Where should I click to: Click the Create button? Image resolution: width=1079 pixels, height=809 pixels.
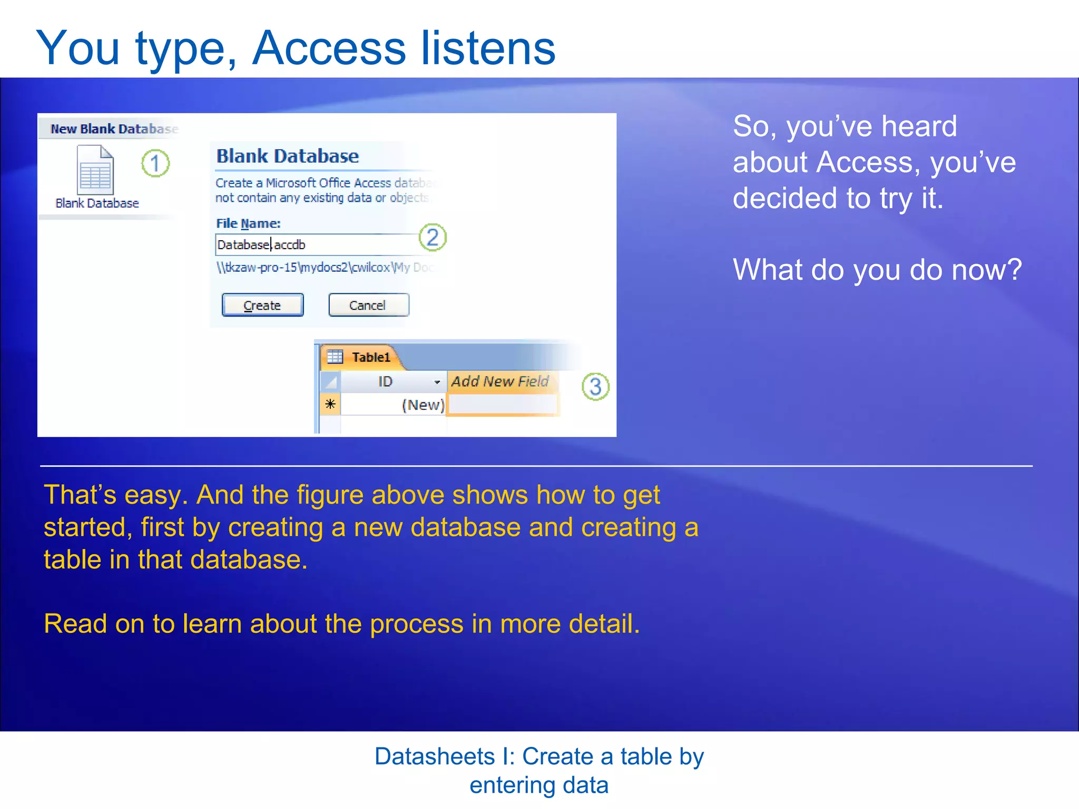point(262,305)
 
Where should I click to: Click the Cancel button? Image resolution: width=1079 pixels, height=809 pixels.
point(368,305)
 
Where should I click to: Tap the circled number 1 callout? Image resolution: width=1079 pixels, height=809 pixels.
point(155,163)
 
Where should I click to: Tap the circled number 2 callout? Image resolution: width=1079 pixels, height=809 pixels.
point(433,238)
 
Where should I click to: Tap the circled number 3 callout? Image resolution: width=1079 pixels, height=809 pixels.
point(595,387)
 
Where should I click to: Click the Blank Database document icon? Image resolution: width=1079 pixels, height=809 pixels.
point(95,170)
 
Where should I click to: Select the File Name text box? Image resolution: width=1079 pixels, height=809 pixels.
point(316,245)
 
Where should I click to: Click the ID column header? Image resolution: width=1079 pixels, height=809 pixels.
point(385,381)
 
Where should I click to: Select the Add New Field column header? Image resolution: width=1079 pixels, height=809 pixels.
point(499,381)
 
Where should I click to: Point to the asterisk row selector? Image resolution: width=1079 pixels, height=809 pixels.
point(330,404)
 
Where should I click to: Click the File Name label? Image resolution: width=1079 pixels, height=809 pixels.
point(248,223)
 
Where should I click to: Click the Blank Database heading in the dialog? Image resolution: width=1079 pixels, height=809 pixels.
point(288,156)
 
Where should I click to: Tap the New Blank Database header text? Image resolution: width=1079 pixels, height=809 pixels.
point(114,129)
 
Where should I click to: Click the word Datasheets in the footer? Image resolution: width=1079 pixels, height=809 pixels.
point(434,756)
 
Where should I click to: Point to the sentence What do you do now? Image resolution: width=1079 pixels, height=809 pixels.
point(877,270)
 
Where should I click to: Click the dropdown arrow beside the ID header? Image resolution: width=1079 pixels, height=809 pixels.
point(437,382)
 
